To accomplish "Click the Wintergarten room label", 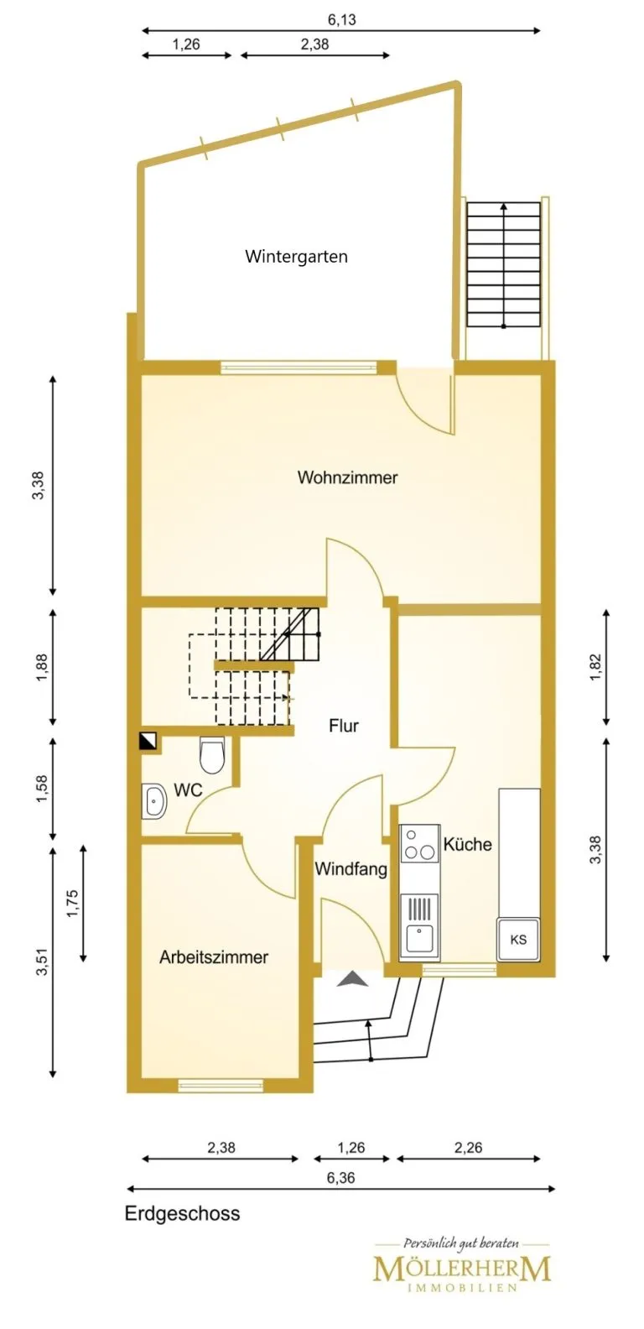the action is coord(296,257).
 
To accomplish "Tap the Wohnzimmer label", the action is coord(347,477).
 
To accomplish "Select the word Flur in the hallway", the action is coord(344,726).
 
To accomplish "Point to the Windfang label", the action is coord(351,869).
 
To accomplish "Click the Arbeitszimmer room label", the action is coord(214,957).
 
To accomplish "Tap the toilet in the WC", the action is coord(211,755).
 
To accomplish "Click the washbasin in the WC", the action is coord(154,801).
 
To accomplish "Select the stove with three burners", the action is coord(420,844).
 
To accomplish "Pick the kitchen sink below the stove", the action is coord(420,927).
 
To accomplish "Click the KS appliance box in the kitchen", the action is coord(518,939).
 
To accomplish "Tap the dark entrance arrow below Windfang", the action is coord(352,979).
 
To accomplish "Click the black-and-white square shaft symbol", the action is coord(148,741).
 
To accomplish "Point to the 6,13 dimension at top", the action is coord(342,19).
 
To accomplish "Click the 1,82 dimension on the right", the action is coord(596,667).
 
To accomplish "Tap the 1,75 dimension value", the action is coord(72,904).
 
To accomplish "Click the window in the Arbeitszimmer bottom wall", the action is coord(221,1085).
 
